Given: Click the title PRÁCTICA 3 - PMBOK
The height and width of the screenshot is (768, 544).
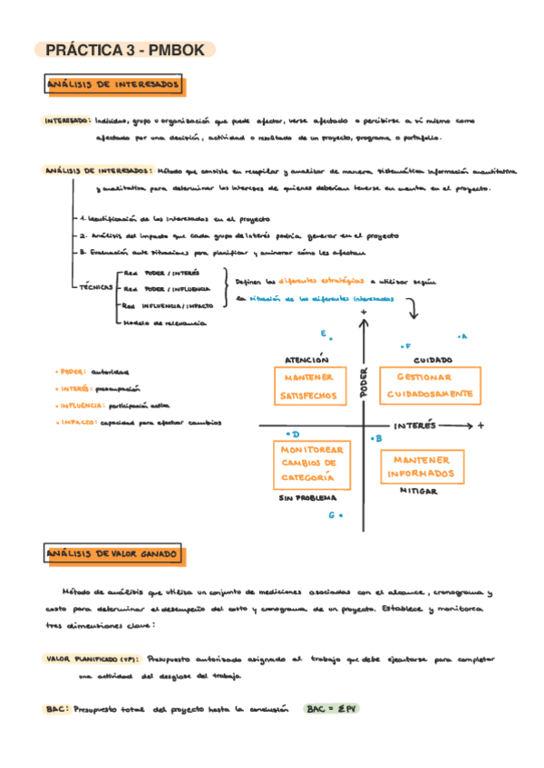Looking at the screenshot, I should pyautogui.click(x=124, y=51).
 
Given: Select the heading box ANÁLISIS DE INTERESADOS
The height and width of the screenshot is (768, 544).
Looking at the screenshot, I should pyautogui.click(x=114, y=85).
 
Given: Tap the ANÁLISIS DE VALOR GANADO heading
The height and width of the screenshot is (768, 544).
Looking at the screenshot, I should pyautogui.click(x=114, y=553).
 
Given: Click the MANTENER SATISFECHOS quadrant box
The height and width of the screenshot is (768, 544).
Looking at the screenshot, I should pyautogui.click(x=309, y=386).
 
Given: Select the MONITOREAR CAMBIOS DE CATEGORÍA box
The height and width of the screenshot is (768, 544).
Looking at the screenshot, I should pyautogui.click(x=309, y=464).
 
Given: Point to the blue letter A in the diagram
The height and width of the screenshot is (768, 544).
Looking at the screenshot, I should pyautogui.click(x=462, y=337).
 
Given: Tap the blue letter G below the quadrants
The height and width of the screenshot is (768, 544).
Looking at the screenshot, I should pyautogui.click(x=332, y=515).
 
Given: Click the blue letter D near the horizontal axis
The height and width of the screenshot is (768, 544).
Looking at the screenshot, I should pyautogui.click(x=295, y=435).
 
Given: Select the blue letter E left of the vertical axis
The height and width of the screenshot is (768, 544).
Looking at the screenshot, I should pyautogui.click(x=323, y=334).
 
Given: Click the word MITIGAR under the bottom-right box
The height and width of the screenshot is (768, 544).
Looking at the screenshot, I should pyautogui.click(x=419, y=491).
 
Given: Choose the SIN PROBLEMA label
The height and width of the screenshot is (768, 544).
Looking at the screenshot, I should pyautogui.click(x=307, y=498).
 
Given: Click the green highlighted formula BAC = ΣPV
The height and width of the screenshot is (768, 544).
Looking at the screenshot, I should pyautogui.click(x=331, y=709).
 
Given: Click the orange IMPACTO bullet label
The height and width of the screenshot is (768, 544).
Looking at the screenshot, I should pyautogui.click(x=75, y=421).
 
